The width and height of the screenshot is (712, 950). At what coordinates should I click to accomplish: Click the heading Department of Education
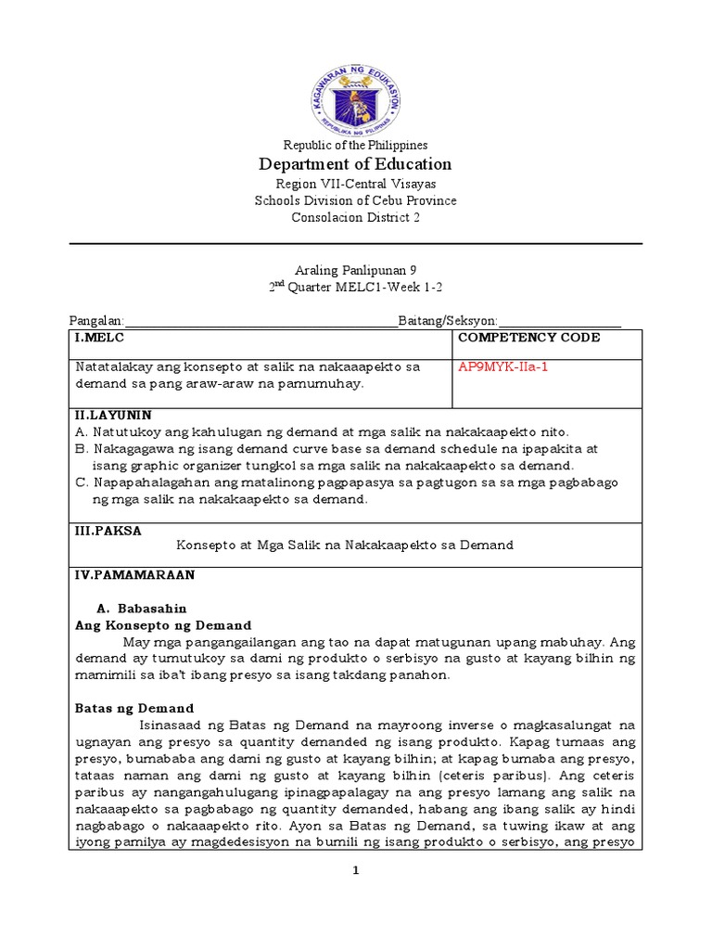click(355, 164)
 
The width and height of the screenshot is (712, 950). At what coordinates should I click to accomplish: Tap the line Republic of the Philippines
click(355, 145)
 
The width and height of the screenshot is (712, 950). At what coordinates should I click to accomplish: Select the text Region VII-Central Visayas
click(355, 184)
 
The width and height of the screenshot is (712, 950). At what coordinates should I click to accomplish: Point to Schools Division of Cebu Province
click(355, 200)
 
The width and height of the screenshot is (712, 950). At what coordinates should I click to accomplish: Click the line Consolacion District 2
click(355, 218)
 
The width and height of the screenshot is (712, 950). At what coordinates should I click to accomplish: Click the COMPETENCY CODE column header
click(528, 338)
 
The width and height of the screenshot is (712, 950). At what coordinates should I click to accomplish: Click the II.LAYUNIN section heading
click(113, 415)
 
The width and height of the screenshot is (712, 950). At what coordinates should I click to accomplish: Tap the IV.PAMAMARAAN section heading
click(134, 575)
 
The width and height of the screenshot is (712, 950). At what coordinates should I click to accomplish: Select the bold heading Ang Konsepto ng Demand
click(163, 625)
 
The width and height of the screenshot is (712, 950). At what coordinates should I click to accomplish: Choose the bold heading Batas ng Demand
click(134, 708)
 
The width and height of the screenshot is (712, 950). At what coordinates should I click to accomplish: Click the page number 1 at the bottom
click(356, 870)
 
